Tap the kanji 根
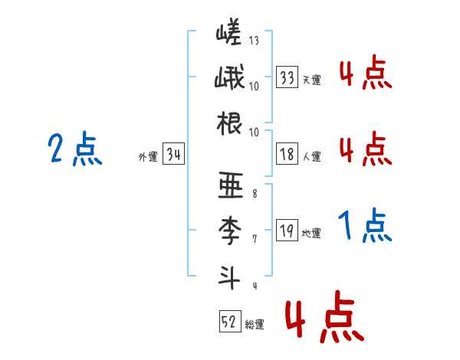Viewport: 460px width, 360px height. pyautogui.click(x=229, y=123)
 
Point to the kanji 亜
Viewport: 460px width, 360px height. pyautogui.click(x=229, y=185)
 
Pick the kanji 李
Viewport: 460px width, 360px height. pyautogui.click(x=229, y=229)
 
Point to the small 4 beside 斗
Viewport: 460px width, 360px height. pyautogui.click(x=254, y=286)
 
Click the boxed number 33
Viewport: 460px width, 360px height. pyautogui.click(x=287, y=77)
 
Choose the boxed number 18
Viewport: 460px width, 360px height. pyautogui.click(x=287, y=154)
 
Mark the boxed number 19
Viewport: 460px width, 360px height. pyautogui.click(x=287, y=231)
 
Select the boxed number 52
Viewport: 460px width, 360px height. pyautogui.click(x=228, y=321)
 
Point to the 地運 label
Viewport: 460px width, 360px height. pyautogui.click(x=311, y=234)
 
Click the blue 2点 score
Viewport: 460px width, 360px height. pyautogui.click(x=74, y=149)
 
